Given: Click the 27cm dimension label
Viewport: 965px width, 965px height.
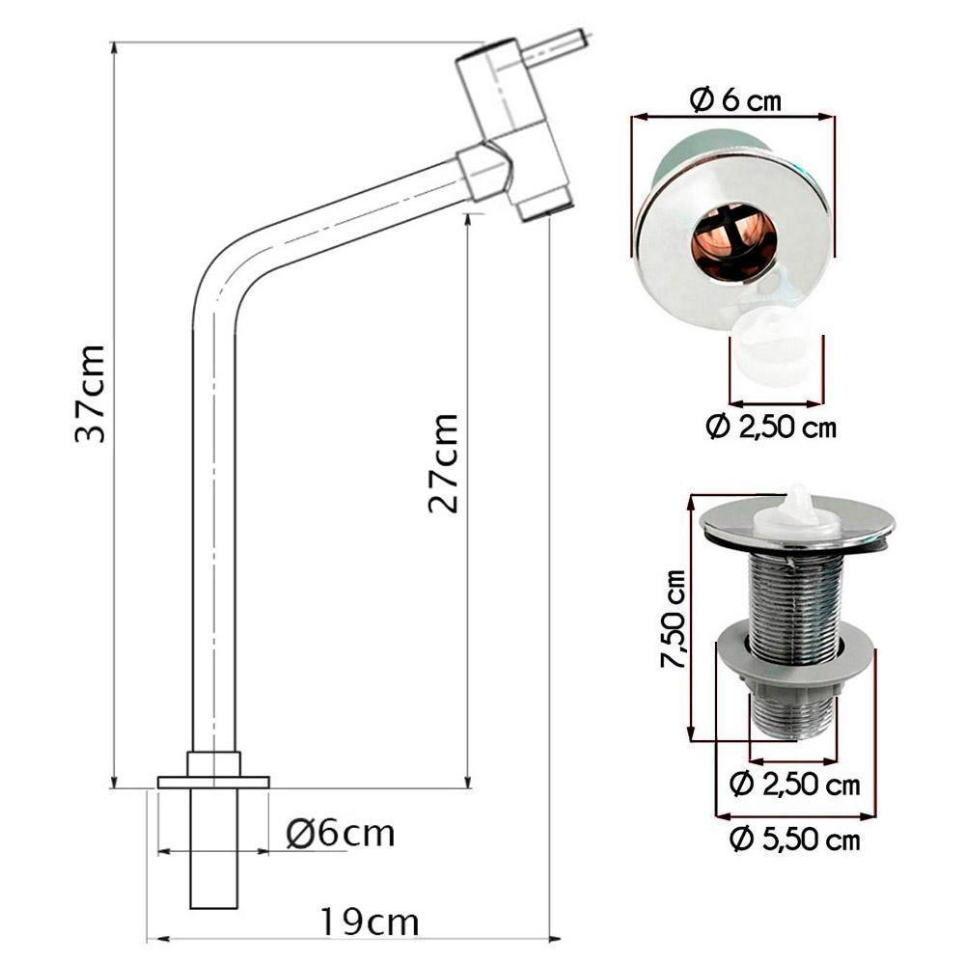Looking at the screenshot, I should [x=443, y=463].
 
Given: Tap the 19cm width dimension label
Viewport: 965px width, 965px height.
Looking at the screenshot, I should [x=370, y=923].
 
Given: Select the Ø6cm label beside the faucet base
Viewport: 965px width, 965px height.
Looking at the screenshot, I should [x=341, y=833].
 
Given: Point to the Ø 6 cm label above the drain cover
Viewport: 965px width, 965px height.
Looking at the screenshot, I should [x=735, y=99].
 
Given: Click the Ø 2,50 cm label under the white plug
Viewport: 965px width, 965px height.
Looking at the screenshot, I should [x=771, y=427].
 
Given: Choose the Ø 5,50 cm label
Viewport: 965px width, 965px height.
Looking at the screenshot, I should [x=794, y=840].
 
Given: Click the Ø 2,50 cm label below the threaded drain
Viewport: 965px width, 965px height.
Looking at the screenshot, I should [x=794, y=785].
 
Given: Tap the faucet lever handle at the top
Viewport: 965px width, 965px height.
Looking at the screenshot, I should [x=554, y=45].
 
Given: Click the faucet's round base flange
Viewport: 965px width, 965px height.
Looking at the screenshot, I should [x=213, y=781].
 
